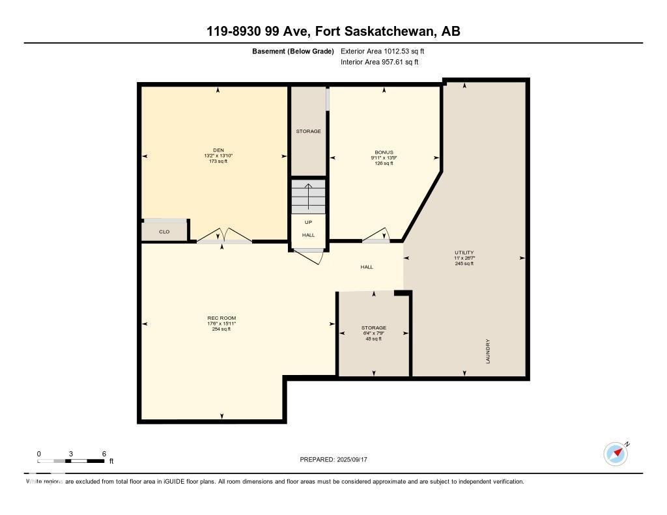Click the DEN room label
tap(219, 150)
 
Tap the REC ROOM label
tap(217, 318)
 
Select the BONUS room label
tap(384, 152)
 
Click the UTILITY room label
tap(464, 253)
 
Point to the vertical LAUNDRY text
tap(487, 351)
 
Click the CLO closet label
tap(164, 232)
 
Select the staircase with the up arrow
tap(308, 196)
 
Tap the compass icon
tap(616, 454)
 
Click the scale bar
tap(71, 461)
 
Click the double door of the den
tap(223, 238)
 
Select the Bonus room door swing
tap(377, 236)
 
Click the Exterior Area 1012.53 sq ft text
tap(382, 51)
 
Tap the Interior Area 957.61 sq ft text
tap(379, 63)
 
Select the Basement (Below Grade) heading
tap(293, 51)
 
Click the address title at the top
tap(333, 31)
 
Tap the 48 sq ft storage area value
tap(374, 339)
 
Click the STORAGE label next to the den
tap(308, 132)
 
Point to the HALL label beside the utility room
tap(367, 267)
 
